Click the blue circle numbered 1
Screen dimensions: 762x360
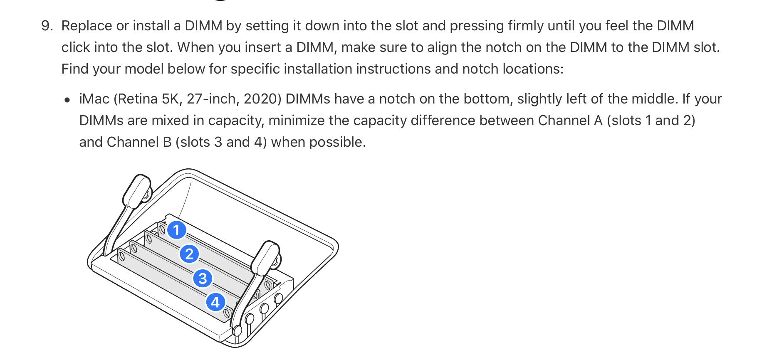(176, 230)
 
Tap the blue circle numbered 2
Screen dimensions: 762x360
(189, 254)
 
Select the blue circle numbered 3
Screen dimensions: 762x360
(203, 278)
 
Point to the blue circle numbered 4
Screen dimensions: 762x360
(215, 302)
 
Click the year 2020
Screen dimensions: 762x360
(261, 99)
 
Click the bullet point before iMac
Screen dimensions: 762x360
(67, 100)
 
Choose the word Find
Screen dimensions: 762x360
(75, 69)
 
